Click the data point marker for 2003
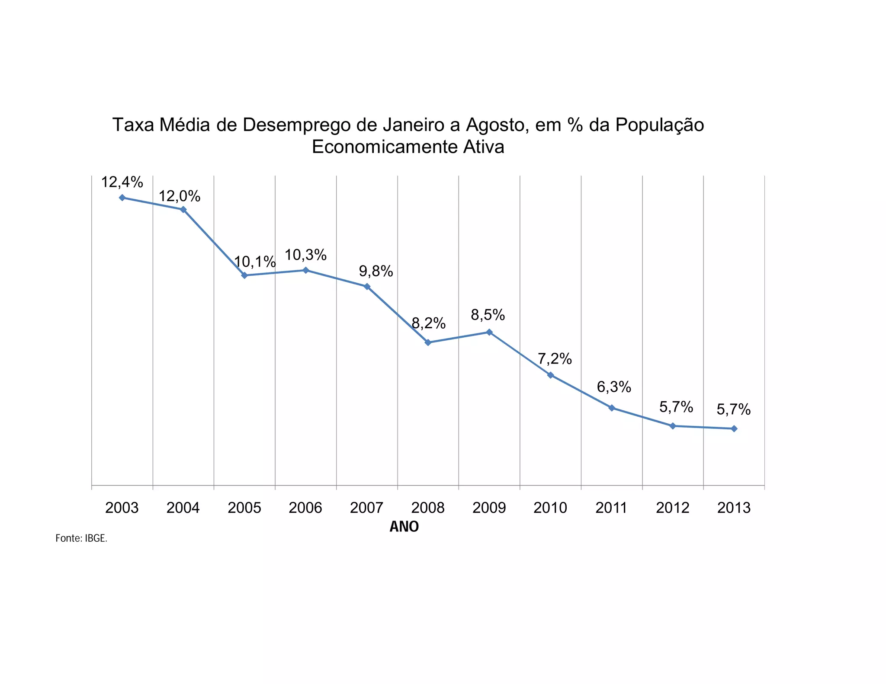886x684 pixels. point(122,198)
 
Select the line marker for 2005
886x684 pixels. point(244,275)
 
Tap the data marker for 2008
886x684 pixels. point(428,342)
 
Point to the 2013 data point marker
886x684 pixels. point(734,428)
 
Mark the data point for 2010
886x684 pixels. point(550,375)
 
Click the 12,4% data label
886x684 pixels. point(122,182)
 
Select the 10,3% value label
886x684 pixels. point(305,255)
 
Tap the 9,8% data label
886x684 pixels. point(376,272)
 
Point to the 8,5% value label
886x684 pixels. point(488,315)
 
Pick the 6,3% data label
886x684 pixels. point(614,387)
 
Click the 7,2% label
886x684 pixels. point(555,359)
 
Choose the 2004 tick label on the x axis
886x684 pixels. point(183,508)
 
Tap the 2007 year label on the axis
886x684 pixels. point(367,508)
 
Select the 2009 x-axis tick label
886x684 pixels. point(489,508)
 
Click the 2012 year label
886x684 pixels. point(673,508)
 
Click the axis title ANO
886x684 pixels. point(404,527)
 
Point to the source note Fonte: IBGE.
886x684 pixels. point(81,538)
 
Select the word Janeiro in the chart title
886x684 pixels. point(414,125)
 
